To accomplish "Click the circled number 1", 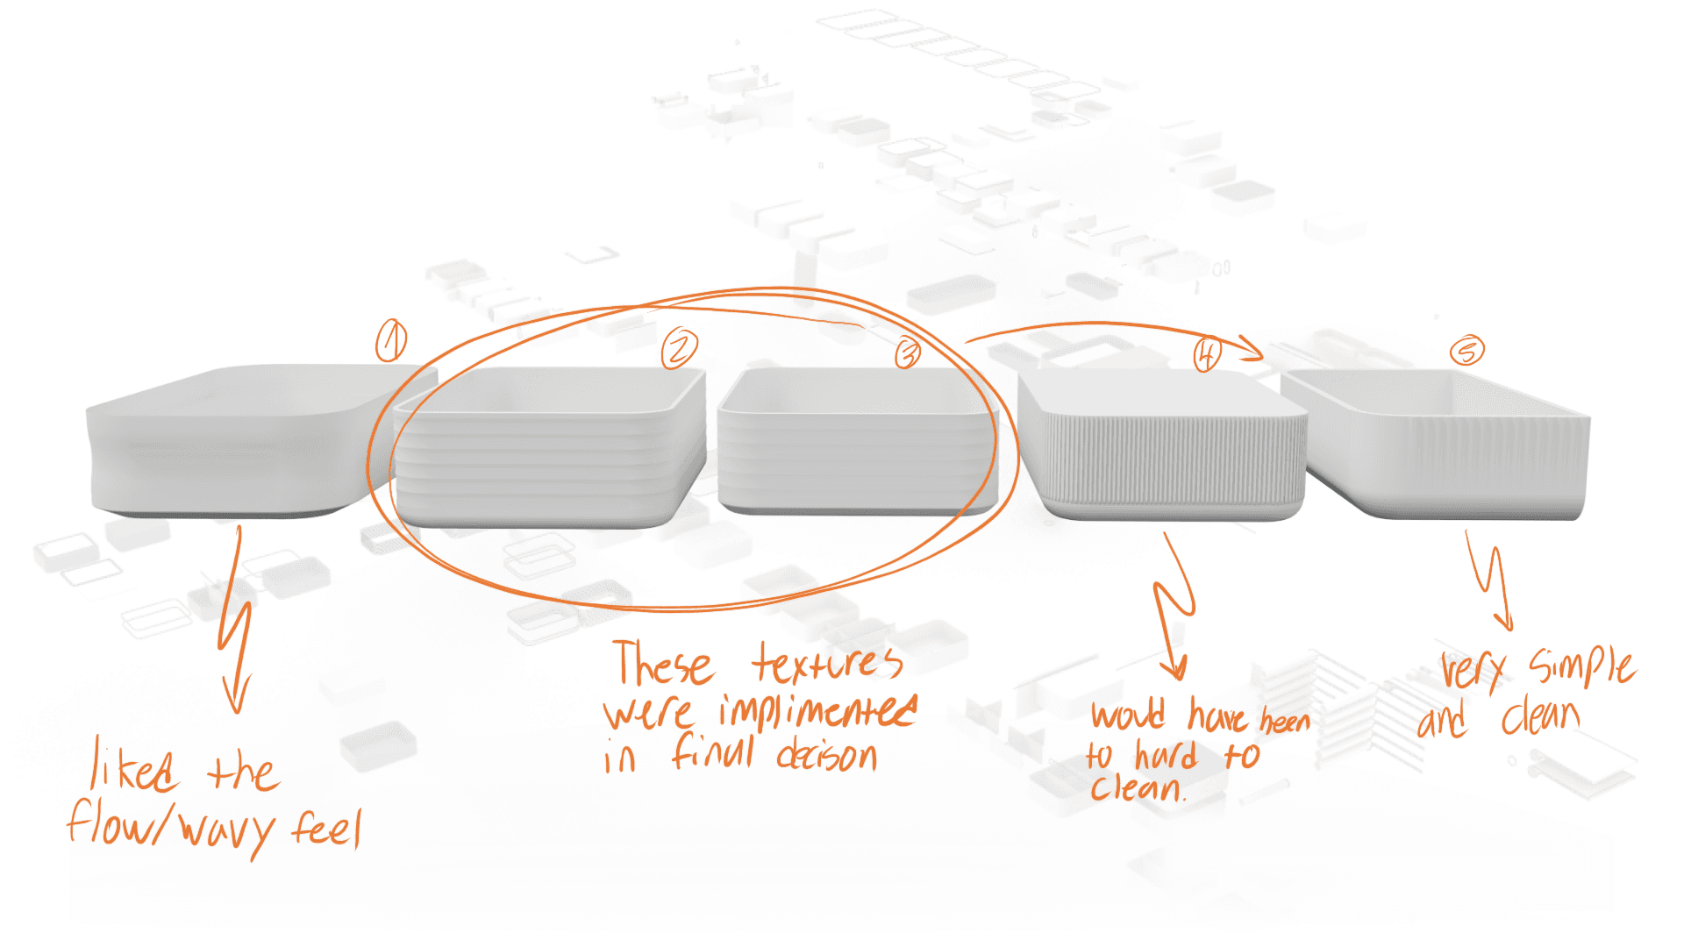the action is click(x=391, y=340).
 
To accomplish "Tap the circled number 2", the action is click(x=679, y=349).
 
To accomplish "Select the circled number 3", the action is click(x=908, y=352).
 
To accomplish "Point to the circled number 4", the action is click(x=1207, y=354).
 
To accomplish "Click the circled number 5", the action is click(x=1466, y=351).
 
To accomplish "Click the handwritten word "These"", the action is click(x=662, y=663).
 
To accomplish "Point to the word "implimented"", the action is click(x=817, y=712).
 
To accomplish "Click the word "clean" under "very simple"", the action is click(x=1541, y=717).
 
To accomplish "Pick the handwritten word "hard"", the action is click(x=1166, y=755).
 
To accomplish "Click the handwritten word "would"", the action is click(x=1129, y=714).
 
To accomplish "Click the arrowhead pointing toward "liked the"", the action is click(x=235, y=697).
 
